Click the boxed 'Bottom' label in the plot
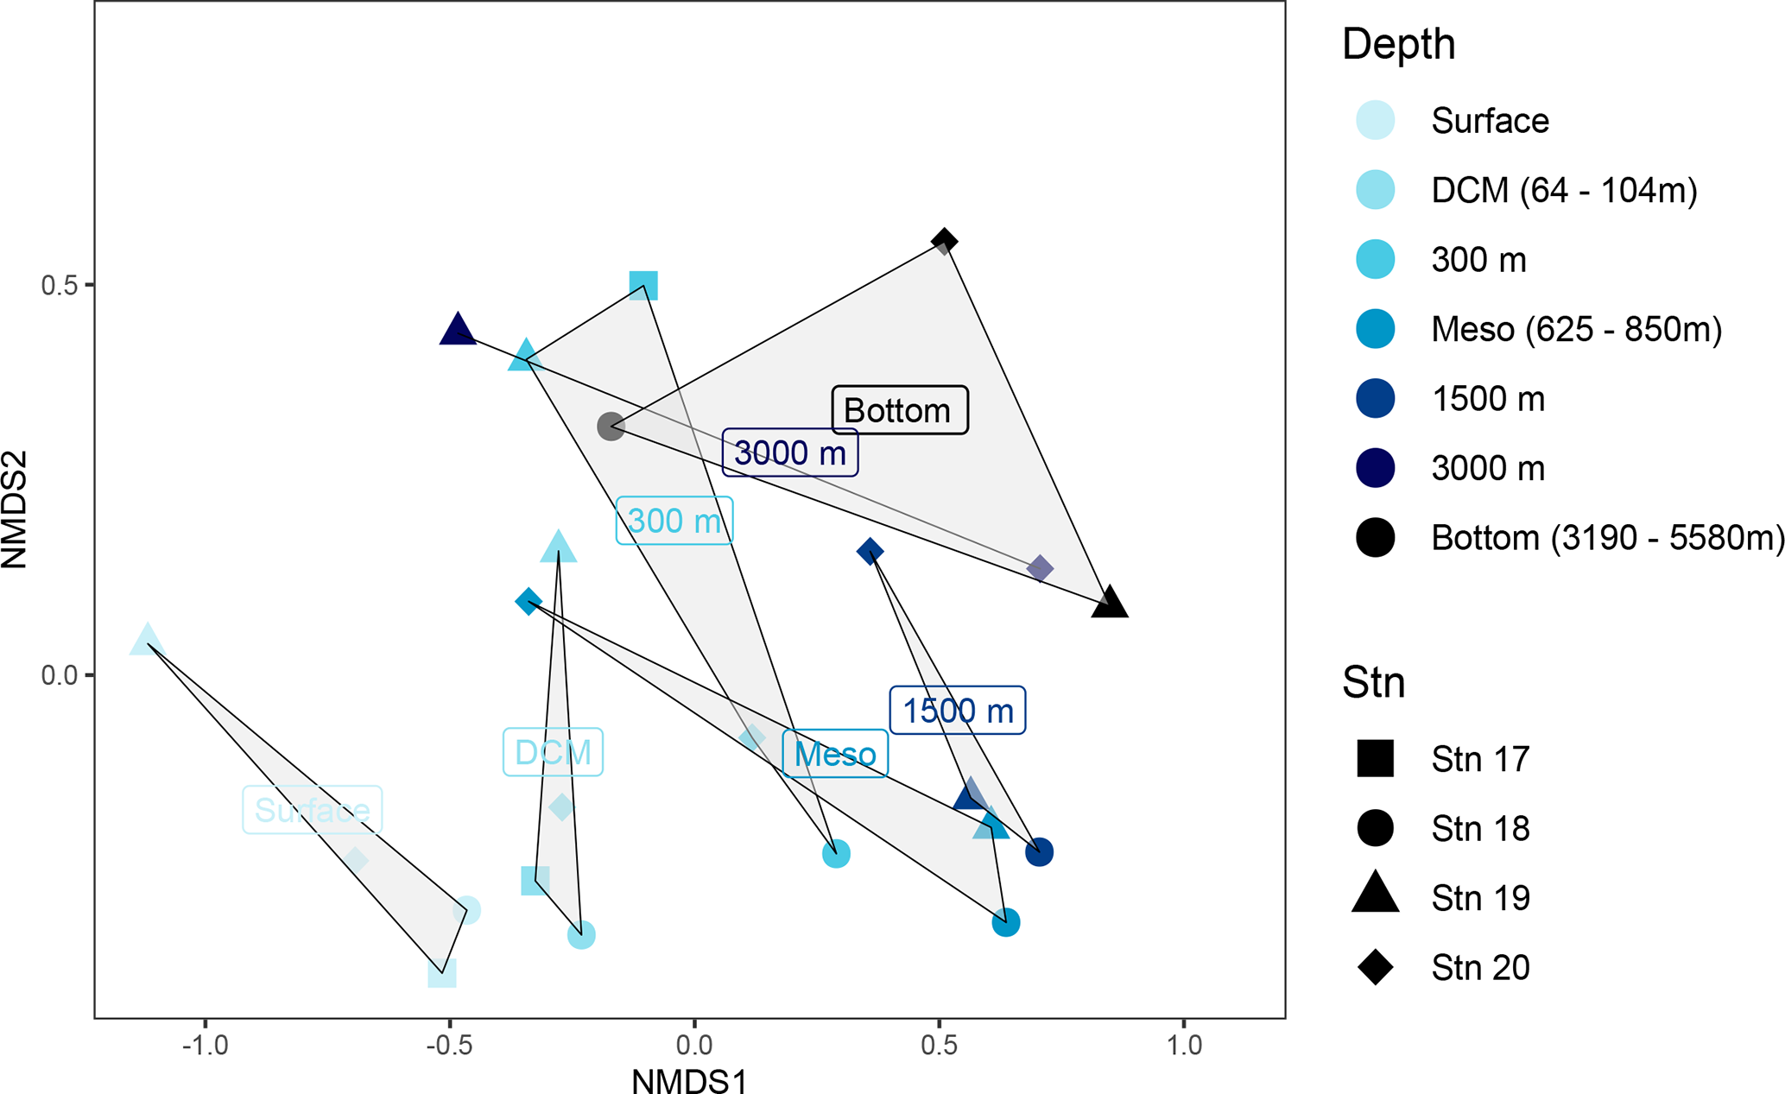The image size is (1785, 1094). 899,410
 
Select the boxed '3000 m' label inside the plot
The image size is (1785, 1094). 790,452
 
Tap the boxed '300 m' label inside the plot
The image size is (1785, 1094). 674,521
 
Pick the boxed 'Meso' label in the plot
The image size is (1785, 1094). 835,754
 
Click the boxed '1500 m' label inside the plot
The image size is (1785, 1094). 958,711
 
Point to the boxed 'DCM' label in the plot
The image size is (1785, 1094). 553,752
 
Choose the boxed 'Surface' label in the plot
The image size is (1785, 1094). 312,810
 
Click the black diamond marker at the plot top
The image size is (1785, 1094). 944,240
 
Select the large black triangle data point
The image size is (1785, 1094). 1110,603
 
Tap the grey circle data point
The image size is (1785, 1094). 611,426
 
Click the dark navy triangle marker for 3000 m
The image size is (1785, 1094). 458,331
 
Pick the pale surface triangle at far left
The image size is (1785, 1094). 148,641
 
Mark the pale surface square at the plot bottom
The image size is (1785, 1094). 442,973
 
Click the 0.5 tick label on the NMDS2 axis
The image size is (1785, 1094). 60,285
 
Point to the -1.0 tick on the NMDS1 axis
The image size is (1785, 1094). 205,1046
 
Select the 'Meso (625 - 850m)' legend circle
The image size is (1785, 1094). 1376,329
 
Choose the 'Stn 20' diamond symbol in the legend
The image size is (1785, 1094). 1376,967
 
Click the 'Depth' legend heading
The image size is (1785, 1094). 1399,44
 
